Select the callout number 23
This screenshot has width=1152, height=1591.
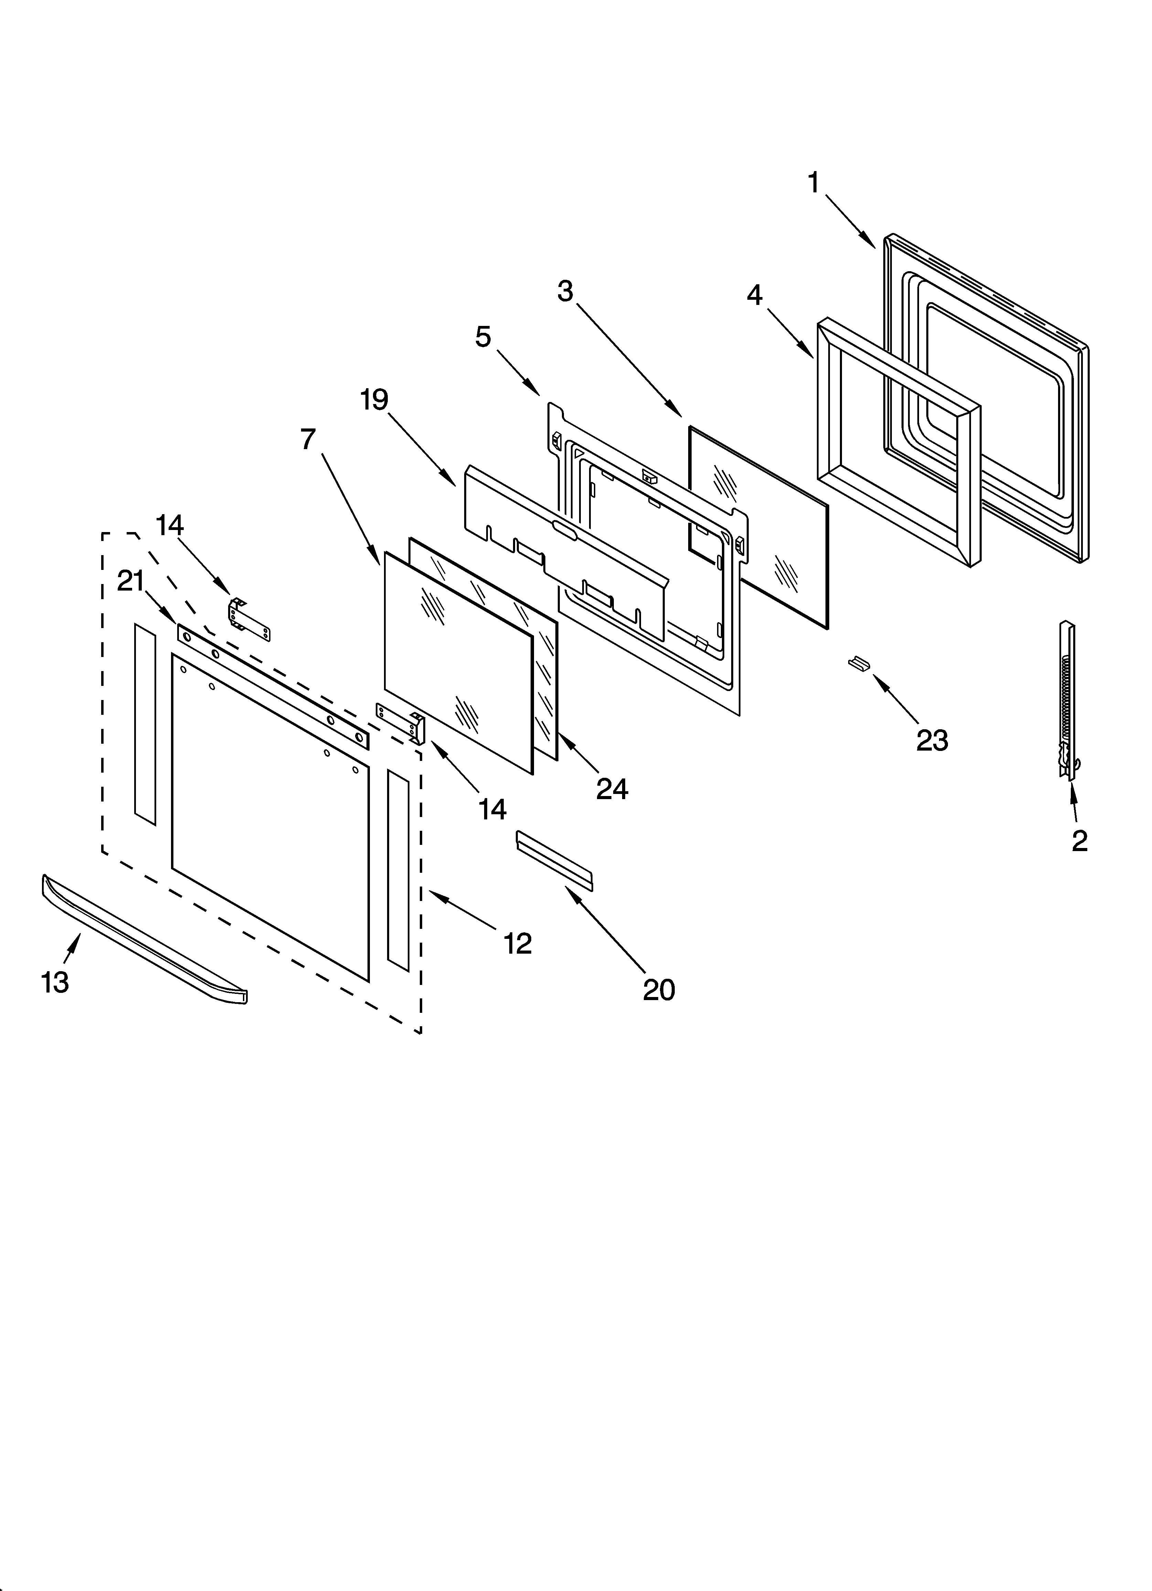tap(932, 740)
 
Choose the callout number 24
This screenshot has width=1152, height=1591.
tap(612, 789)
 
